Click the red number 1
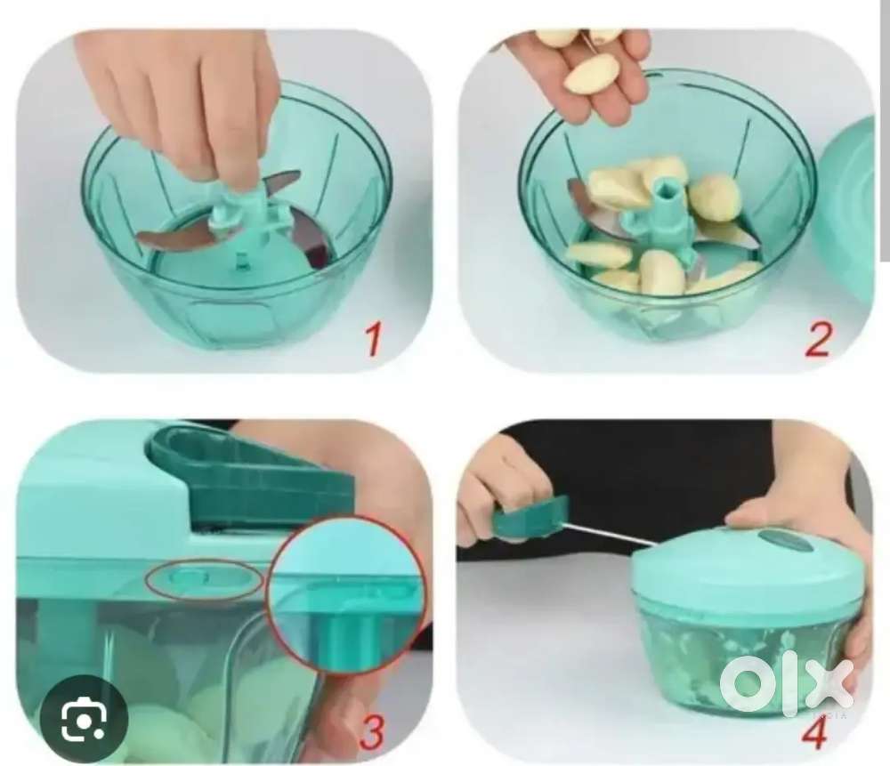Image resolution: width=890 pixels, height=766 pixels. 372,338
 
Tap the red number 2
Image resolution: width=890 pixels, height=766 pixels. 818,338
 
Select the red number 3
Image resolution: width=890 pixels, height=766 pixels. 372,731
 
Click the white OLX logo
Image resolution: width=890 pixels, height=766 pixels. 786,685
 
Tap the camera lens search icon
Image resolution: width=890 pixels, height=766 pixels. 84,719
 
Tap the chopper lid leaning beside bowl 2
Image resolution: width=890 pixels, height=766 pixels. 845,210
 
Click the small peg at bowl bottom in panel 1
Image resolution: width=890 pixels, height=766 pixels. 242,261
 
